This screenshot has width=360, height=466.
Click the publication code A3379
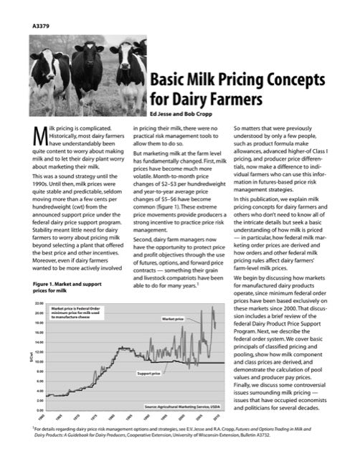click(x=42, y=27)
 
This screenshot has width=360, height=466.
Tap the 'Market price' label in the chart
click(x=172, y=318)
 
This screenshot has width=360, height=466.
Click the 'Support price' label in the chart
click(x=148, y=374)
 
